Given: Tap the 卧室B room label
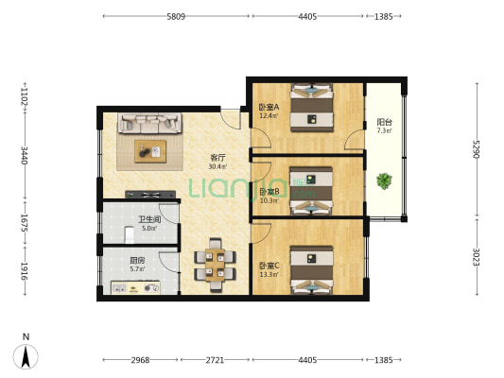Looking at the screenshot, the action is [269, 192].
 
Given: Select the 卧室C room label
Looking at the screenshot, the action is [269, 266].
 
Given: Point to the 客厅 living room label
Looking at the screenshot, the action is [217, 158].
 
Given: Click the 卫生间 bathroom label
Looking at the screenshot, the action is [149, 219].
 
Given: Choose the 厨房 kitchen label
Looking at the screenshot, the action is [137, 261].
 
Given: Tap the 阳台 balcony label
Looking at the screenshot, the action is [385, 122].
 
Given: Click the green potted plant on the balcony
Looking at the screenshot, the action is [384, 181].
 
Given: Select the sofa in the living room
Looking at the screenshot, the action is [149, 123].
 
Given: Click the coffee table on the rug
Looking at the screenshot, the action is [150, 151].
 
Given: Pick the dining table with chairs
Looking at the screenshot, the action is [215, 265].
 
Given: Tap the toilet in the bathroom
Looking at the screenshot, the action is [130, 234].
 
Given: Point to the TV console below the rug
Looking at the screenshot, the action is [150, 195].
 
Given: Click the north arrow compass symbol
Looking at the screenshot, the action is [26, 356].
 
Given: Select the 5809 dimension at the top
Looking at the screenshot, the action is [176, 16].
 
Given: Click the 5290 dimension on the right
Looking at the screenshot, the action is [476, 149].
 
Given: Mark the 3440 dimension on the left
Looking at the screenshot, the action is [25, 155].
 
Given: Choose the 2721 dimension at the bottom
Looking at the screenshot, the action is [215, 360].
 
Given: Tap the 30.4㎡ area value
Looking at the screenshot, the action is [217, 166].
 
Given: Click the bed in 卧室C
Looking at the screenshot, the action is [312, 270].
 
